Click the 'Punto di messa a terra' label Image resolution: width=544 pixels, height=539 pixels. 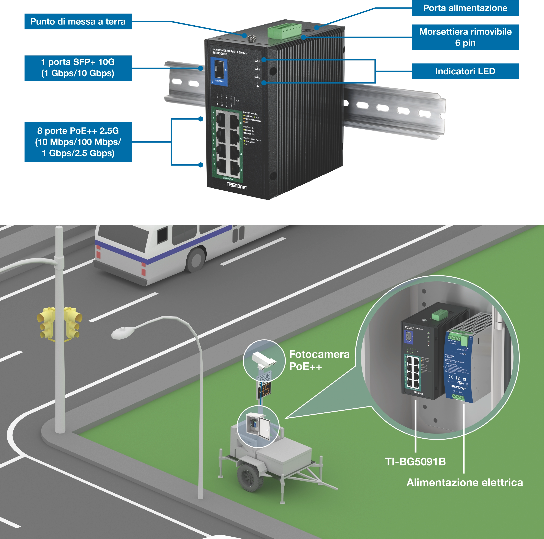(x=78, y=22)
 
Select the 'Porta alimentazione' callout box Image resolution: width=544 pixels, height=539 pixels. (x=465, y=8)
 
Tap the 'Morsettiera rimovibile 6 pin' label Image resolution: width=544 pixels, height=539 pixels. (x=465, y=37)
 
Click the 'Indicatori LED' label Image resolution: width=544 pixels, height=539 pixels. (x=465, y=71)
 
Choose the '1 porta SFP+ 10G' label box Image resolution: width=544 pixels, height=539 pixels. (x=78, y=68)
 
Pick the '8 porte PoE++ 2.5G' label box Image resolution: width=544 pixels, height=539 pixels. (x=78, y=142)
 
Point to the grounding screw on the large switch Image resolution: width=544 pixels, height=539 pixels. (x=250, y=37)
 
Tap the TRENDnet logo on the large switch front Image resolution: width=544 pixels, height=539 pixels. (x=236, y=186)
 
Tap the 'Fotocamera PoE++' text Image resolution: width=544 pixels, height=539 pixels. (x=319, y=360)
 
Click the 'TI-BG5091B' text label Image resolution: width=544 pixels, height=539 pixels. (x=415, y=462)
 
